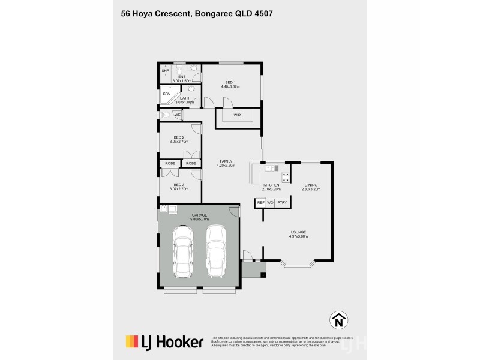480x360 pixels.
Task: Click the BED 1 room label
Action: pos(230,82)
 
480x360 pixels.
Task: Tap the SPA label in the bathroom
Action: pos(166,94)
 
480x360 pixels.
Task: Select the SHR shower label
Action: pos(165,71)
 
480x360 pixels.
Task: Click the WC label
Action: pos(178,114)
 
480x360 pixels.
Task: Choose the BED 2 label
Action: pos(179,137)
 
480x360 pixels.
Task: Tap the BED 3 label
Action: pos(179,185)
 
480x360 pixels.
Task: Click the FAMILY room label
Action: pos(226,161)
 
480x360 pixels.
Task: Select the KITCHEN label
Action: pos(271,185)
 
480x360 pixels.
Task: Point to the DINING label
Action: pos(311,185)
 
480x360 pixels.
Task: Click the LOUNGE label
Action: pos(298,232)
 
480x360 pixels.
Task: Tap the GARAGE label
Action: pos(200,215)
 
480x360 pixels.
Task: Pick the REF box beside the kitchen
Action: pos(261,203)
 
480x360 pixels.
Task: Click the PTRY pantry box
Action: pos(282,203)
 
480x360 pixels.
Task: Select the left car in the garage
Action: pos(182,252)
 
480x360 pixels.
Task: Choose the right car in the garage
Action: pos(217,251)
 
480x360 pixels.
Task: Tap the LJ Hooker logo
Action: pos(164,343)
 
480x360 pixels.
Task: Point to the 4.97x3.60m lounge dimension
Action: pos(298,236)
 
